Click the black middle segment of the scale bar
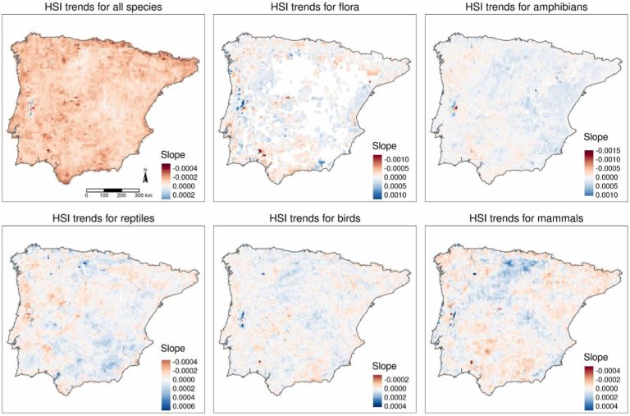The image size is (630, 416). click(x=112, y=190)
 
